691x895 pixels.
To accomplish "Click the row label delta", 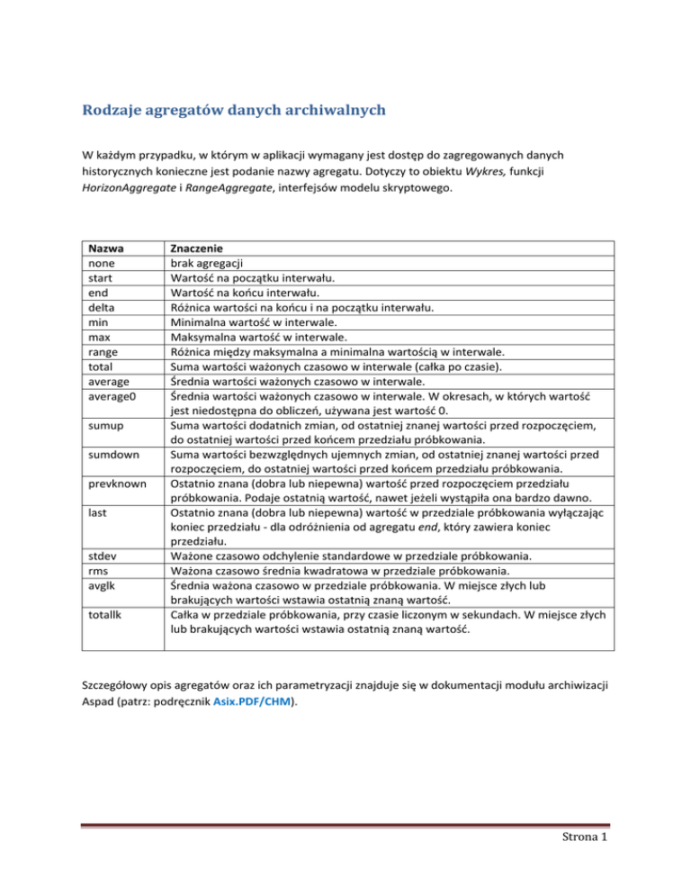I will pos(95,306).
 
